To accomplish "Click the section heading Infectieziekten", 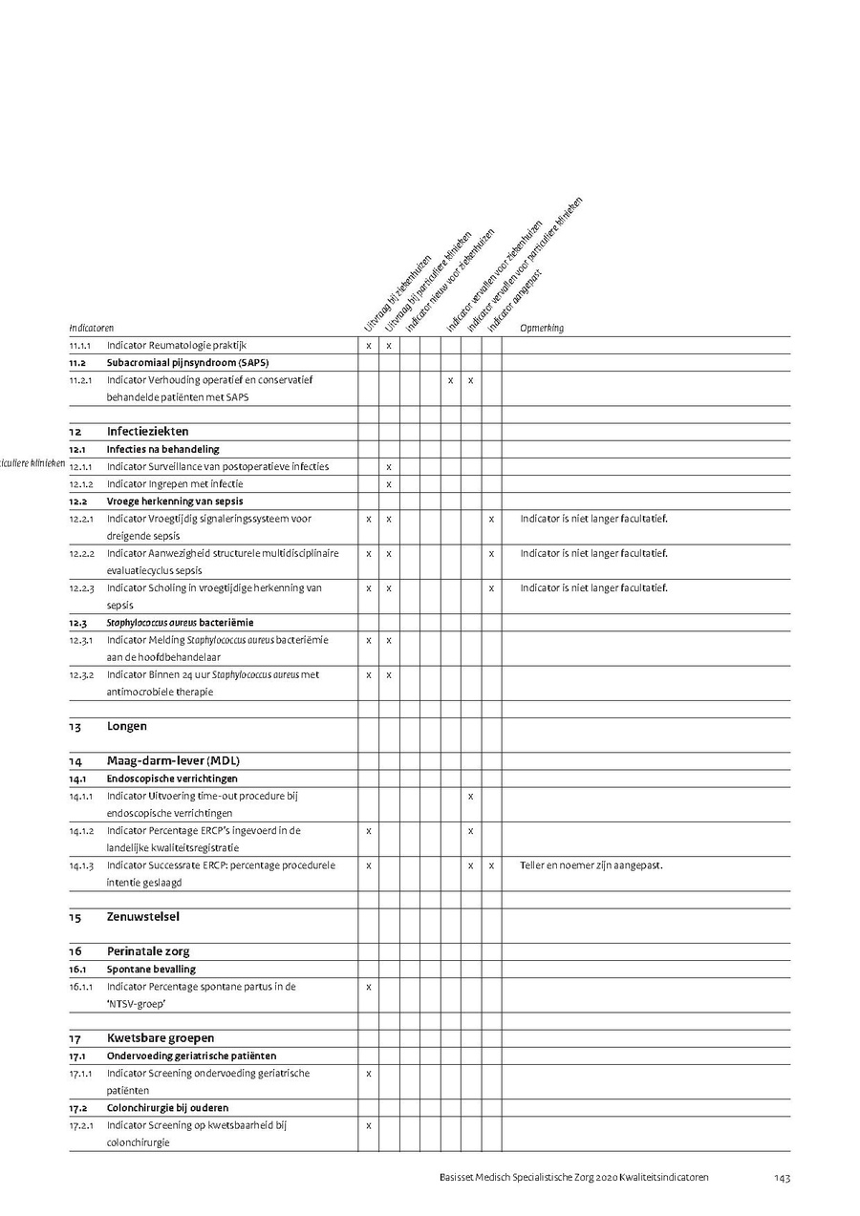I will (x=147, y=432).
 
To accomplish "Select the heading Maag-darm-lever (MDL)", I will (x=172, y=761).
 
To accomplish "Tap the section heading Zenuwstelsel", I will (x=142, y=917).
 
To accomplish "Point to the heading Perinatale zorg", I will (x=148, y=951).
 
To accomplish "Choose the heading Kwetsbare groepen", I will (x=160, y=1038).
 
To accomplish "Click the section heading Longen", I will (x=127, y=726).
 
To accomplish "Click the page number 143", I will (x=782, y=1178).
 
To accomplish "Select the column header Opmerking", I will (x=542, y=329).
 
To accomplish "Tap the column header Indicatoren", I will (x=91, y=329).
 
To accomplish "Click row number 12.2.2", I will (x=81, y=554).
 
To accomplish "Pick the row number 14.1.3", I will (x=81, y=865).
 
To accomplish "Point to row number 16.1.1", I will (x=81, y=987).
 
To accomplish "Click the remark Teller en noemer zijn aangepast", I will (x=591, y=865).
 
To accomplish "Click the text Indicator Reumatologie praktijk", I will (x=178, y=345).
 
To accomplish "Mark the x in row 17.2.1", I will (x=368, y=1125).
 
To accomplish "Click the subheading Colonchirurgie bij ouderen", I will (x=167, y=1108).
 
